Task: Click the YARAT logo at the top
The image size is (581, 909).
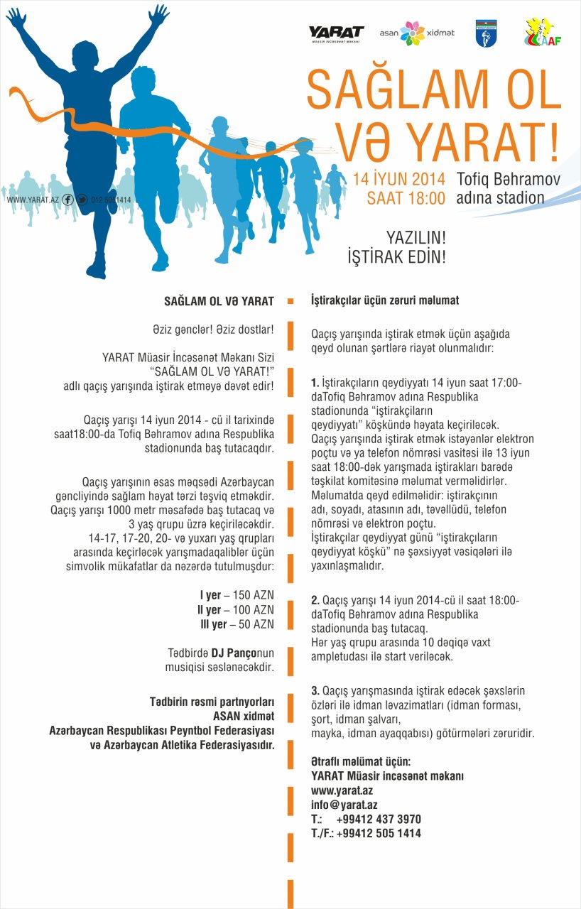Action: (x=336, y=33)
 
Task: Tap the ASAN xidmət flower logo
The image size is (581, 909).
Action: (x=412, y=33)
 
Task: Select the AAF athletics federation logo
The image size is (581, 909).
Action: (x=543, y=33)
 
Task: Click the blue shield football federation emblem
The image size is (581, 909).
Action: (x=485, y=34)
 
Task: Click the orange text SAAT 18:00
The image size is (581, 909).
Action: (x=406, y=198)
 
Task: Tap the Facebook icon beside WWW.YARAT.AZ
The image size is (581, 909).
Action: (x=68, y=200)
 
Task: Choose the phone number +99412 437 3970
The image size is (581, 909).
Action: (x=379, y=819)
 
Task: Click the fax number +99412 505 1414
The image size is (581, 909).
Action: (x=379, y=834)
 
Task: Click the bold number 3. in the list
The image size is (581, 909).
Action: (x=315, y=691)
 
